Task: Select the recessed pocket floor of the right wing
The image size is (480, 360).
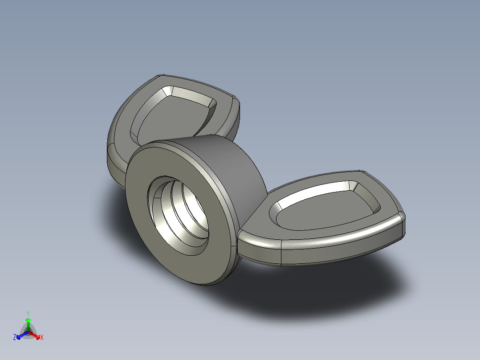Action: [325, 214]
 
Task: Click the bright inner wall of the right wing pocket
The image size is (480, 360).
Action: [312, 196]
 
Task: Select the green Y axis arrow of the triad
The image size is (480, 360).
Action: [28, 322]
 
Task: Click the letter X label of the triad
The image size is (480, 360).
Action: [42, 338]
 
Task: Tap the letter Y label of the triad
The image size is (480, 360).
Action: [28, 313]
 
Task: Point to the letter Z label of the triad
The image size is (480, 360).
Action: [15, 337]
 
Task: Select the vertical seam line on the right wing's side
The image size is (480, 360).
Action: [282, 256]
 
